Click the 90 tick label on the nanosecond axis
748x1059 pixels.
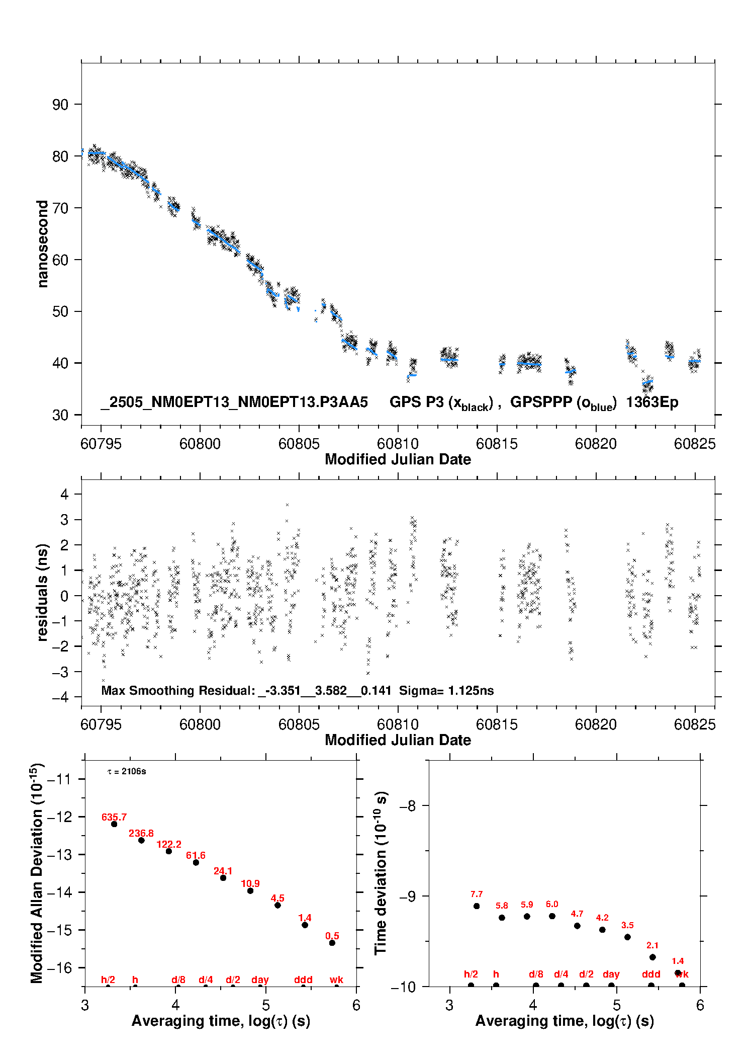point(60,105)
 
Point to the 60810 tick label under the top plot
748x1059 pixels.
point(398,444)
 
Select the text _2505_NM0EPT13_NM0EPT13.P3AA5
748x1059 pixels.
point(234,402)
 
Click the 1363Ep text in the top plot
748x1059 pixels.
point(652,402)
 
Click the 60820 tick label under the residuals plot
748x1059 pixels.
point(596,724)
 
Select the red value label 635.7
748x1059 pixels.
point(114,818)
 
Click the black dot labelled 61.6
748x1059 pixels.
point(196,863)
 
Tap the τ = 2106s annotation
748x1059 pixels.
point(127,772)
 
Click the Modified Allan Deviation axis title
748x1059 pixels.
point(37,873)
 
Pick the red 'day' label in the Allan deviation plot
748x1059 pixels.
point(260,980)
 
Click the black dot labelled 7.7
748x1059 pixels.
point(477,906)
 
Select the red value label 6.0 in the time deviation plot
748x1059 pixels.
point(552,904)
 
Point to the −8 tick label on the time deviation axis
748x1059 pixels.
point(407,806)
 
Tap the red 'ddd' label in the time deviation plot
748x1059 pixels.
point(651,974)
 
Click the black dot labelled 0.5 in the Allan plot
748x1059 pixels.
point(332,943)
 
